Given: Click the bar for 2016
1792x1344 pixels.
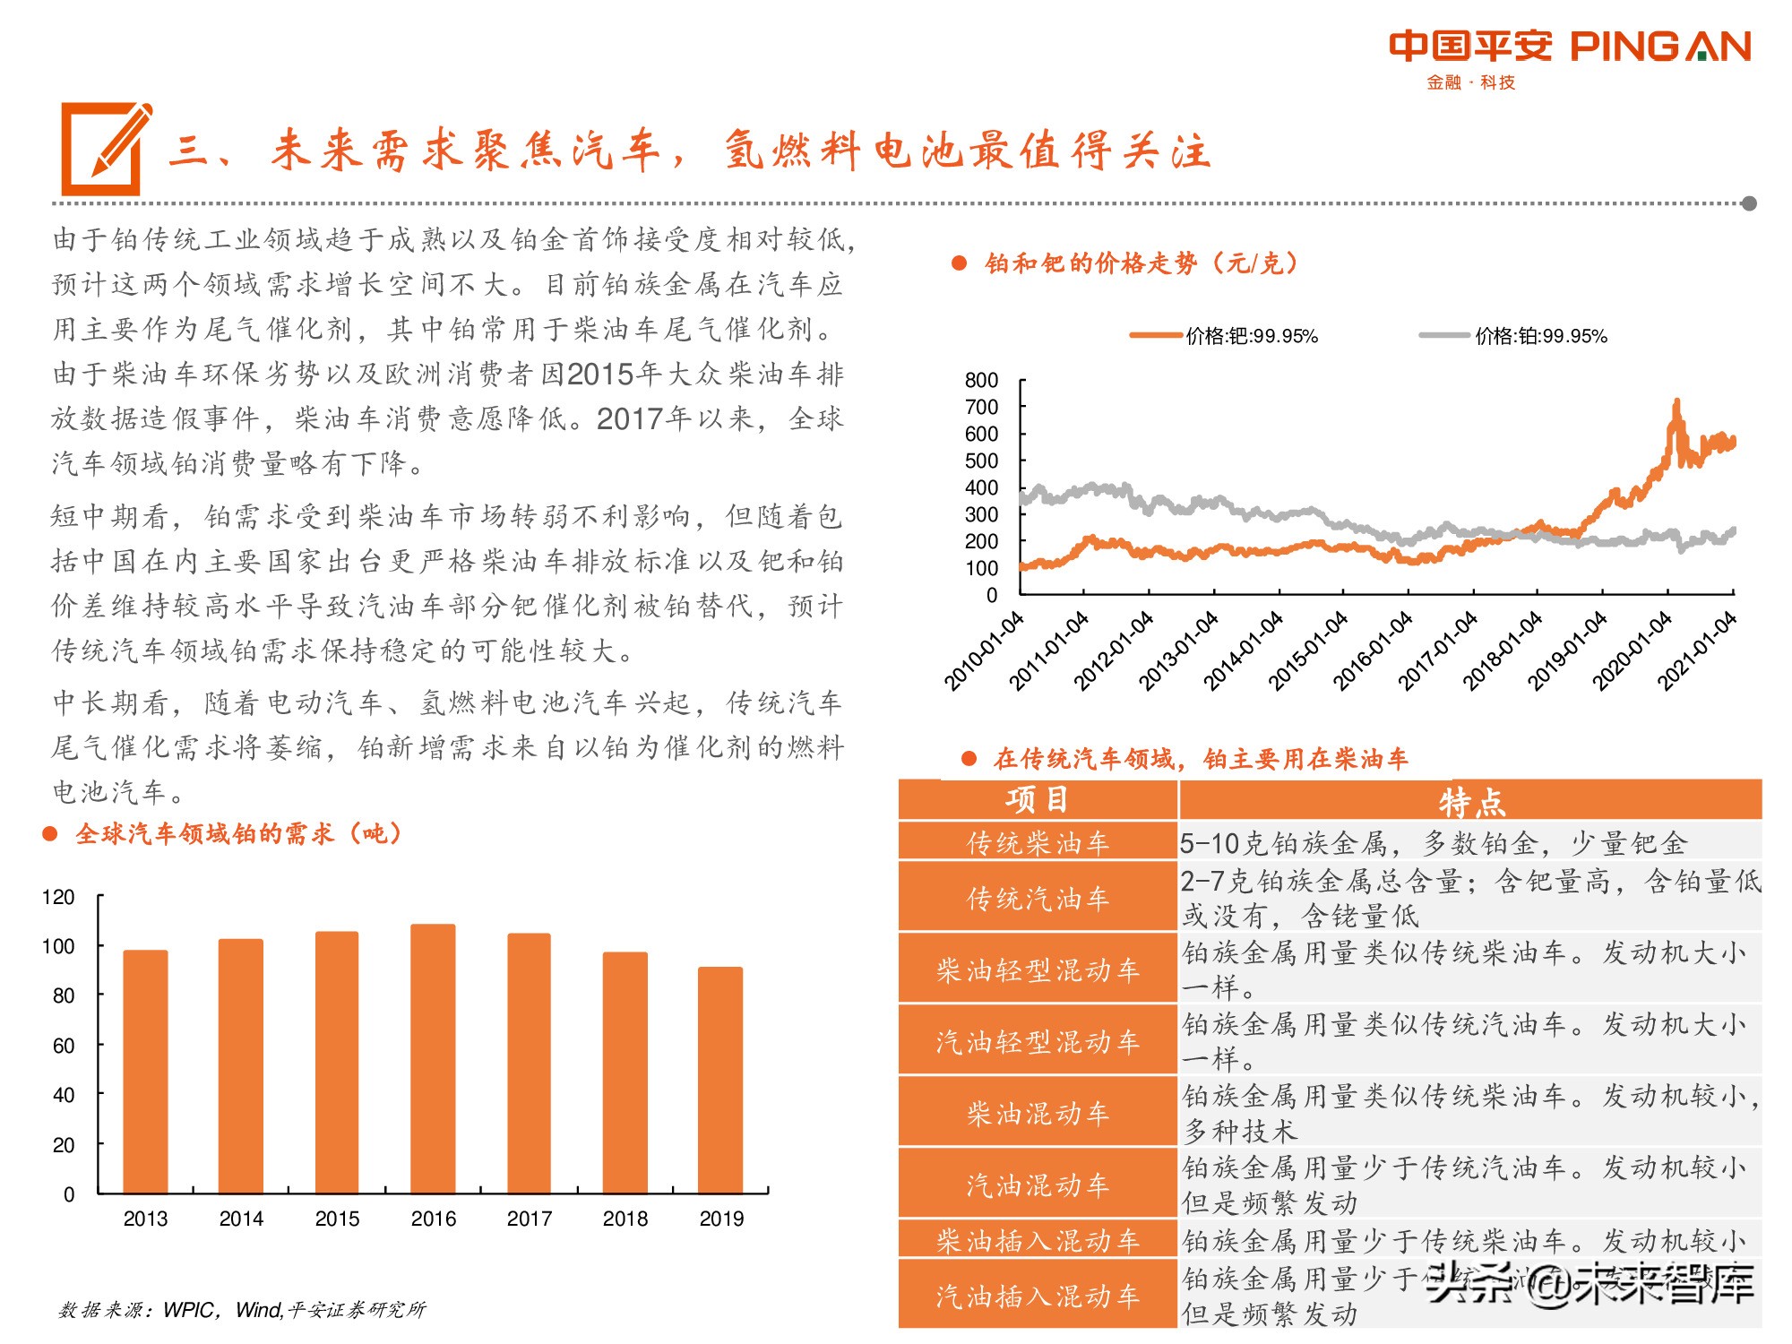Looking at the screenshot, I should (x=433, y=1058).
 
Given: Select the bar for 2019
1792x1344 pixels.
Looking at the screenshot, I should (x=720, y=1080).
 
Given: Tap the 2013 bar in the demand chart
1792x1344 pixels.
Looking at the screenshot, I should (x=145, y=1072).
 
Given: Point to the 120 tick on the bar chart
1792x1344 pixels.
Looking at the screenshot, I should (x=59, y=897).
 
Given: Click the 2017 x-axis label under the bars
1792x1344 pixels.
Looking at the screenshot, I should (x=529, y=1219).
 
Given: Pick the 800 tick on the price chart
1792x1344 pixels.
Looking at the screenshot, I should (x=981, y=381).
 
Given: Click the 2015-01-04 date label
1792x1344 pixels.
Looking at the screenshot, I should (x=1309, y=651).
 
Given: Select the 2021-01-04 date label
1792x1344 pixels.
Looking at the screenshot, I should (x=1697, y=651).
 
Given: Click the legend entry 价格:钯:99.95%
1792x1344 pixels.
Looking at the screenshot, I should (x=1251, y=337).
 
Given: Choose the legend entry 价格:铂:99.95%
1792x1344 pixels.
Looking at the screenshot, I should (x=1540, y=337).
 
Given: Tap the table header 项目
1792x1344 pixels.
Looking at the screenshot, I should (x=1037, y=799).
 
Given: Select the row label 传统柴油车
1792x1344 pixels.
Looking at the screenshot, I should (x=1037, y=843).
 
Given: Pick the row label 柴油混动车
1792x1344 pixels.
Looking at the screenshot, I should (x=1037, y=1113).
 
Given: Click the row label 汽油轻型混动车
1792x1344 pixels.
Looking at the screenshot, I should (x=1037, y=1041).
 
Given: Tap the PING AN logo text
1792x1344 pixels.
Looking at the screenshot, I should (x=1660, y=47).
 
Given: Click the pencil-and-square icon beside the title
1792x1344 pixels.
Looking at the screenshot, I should (x=105, y=149).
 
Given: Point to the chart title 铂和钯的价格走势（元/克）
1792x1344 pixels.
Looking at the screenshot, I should (x=1140, y=263).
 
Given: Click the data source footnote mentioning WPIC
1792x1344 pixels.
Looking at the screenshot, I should (x=242, y=1310).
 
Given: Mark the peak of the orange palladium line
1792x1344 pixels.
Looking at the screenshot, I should (x=1676, y=401).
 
